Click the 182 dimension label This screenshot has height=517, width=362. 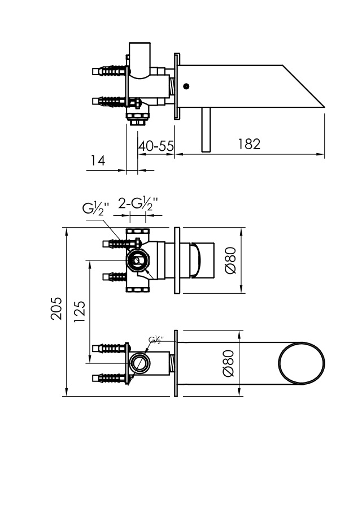(248, 144)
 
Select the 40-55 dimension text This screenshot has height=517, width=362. (156, 145)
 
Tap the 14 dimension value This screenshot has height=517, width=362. (98, 160)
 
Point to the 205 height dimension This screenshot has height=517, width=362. (56, 309)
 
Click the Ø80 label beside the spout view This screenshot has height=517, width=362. (228, 363)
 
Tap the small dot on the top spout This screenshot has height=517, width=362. (186, 87)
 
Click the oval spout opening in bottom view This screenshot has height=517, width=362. (302, 363)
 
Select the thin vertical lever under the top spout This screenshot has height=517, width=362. (206, 129)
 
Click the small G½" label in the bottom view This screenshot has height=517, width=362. (156, 340)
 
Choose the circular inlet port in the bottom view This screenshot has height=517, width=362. (138, 363)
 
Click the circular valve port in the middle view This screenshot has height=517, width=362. (138, 260)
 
